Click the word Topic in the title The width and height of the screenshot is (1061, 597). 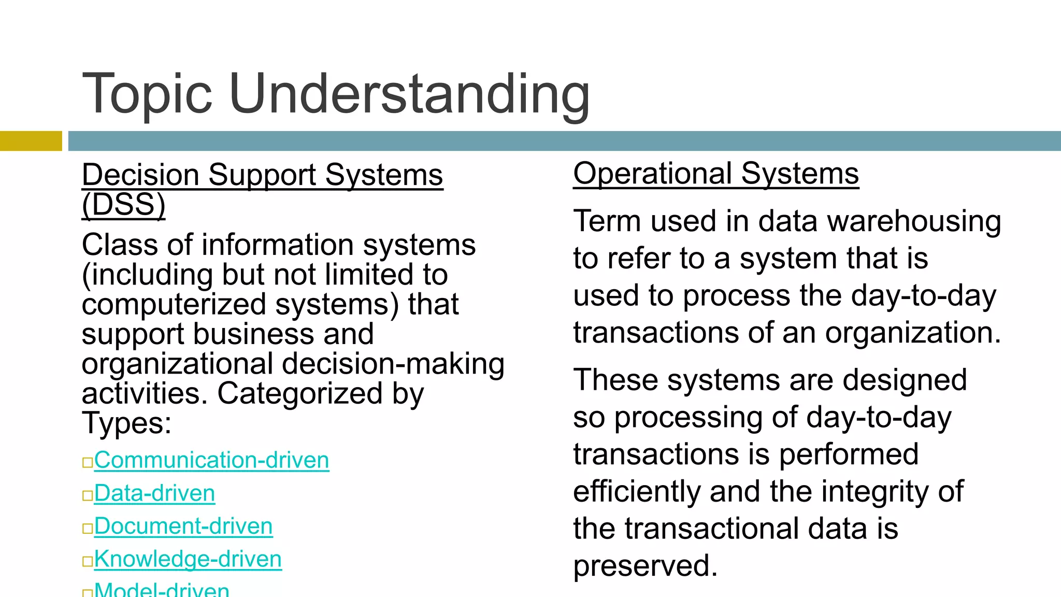[x=148, y=94]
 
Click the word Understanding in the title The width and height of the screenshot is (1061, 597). [x=409, y=94]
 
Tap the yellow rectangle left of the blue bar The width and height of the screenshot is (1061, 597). [x=31, y=141]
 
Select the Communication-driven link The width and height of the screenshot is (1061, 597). [x=211, y=460]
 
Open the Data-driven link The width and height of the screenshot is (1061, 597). [x=154, y=493]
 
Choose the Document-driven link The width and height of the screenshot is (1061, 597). [x=183, y=527]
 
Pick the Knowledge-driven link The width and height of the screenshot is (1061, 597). [x=188, y=559]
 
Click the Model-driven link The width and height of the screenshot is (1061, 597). [x=162, y=590]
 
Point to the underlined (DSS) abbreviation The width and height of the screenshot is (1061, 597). [x=124, y=205]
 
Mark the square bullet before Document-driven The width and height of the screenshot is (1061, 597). [x=87, y=529]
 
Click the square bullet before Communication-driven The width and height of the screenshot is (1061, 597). [x=87, y=462]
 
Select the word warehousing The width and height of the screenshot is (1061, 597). [x=914, y=221]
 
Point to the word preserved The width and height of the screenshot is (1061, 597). [x=646, y=565]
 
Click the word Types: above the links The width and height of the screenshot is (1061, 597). [x=126, y=423]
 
